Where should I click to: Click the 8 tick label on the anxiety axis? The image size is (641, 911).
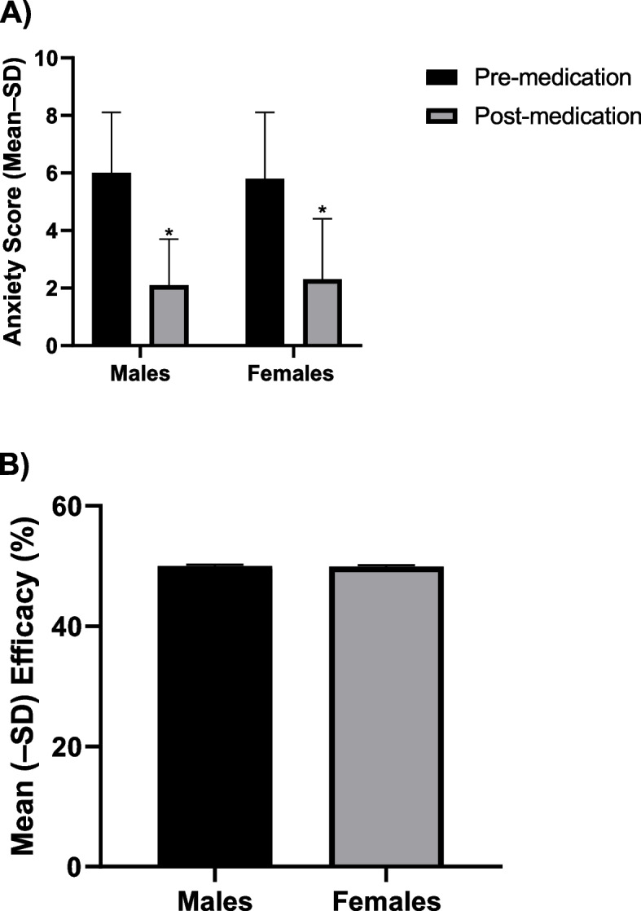pyautogui.click(x=55, y=117)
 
